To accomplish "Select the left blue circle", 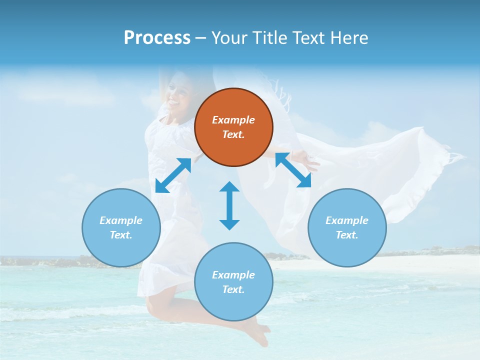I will tap(121, 227).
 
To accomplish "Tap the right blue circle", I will tap(347, 227).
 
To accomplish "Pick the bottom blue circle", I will tap(233, 282).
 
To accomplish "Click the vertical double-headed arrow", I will tap(229, 205).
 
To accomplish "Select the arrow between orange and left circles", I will tap(173, 175).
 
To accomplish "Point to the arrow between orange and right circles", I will tap(293, 170).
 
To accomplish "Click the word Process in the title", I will tap(157, 38).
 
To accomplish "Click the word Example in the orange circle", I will tap(233, 120).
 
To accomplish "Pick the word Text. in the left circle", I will tap(121, 235).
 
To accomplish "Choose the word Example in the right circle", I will tap(347, 220).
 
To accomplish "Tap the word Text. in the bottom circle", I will tap(233, 289).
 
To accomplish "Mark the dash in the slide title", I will tap(201, 38).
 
